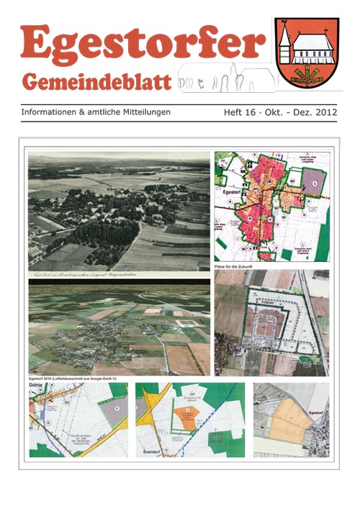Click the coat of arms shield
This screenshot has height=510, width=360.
pyautogui.click(x=307, y=53)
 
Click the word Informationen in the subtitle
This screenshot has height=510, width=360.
pyautogui.click(x=55, y=113)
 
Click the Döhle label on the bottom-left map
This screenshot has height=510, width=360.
pyautogui.click(x=37, y=388)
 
